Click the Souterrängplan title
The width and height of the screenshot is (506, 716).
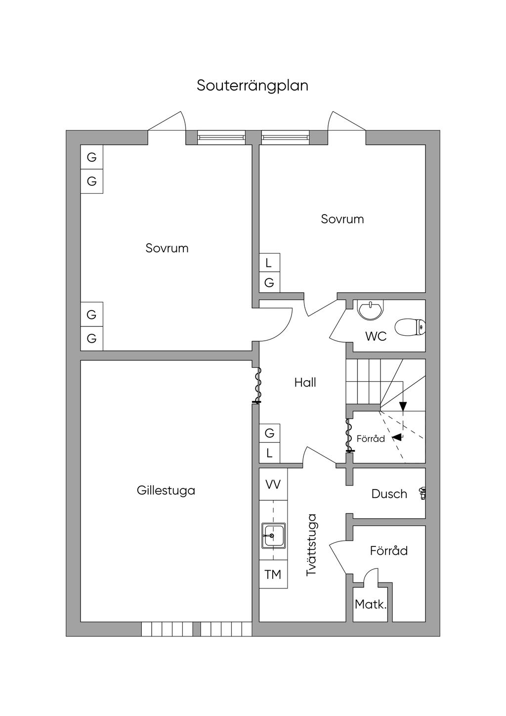[253, 86]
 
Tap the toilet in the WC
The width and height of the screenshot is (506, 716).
[410, 327]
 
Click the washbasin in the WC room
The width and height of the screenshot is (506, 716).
[369, 310]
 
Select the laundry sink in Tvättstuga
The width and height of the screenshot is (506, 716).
[273, 536]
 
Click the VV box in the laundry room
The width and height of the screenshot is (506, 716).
[273, 485]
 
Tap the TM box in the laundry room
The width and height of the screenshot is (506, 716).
[273, 575]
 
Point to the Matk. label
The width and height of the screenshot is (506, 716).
[371, 604]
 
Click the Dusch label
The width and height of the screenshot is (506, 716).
[389, 494]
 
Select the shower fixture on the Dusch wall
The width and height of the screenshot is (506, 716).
[422, 493]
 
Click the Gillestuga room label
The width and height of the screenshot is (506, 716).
[166, 491]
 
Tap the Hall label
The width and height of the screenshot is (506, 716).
[305, 382]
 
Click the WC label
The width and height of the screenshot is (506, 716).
[376, 337]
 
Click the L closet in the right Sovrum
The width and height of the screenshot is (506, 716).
[269, 263]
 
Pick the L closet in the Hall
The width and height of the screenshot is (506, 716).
[269, 453]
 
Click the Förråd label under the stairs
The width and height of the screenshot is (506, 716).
[371, 439]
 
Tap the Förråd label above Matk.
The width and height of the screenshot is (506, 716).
[389, 551]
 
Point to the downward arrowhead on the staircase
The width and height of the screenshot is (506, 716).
[403, 406]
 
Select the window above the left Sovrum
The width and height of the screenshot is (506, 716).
[221, 137]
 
